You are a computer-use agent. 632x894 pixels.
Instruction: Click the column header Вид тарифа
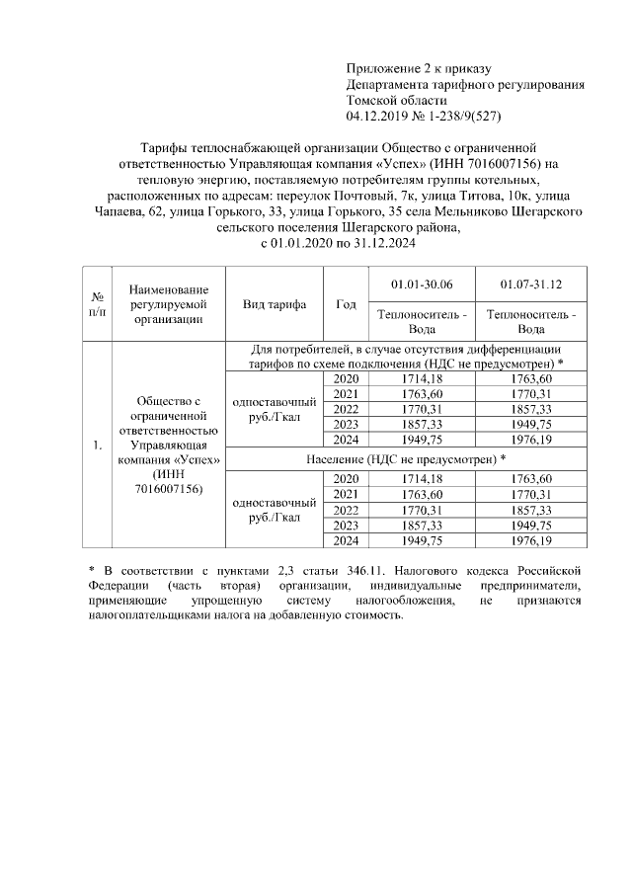(x=275, y=304)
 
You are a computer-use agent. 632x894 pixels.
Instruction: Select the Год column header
(x=346, y=304)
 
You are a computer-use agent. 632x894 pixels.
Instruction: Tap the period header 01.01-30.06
(x=422, y=284)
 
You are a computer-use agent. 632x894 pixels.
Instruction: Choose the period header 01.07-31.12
(x=530, y=284)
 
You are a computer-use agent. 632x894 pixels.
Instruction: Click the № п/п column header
(x=98, y=304)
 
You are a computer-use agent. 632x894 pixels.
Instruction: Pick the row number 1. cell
(x=98, y=446)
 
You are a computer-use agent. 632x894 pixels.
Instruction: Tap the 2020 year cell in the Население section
(x=346, y=478)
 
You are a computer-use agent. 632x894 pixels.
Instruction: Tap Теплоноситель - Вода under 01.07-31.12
(x=530, y=322)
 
